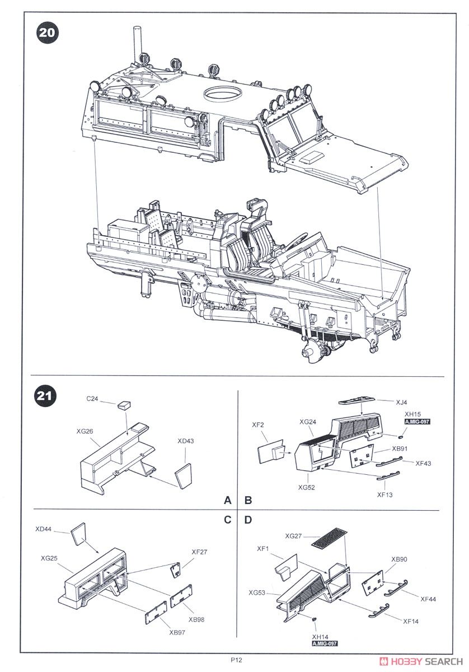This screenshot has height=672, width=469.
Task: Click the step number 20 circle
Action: tap(47, 32)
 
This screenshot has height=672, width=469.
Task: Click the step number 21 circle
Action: tap(47, 396)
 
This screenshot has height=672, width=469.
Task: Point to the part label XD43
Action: tap(186, 441)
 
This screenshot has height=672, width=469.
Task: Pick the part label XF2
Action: tap(257, 426)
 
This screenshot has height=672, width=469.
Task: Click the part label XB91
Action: tap(399, 449)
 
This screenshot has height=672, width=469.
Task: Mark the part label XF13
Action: tap(385, 494)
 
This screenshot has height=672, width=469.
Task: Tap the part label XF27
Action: tap(199, 552)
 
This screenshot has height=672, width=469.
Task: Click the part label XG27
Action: tap(293, 536)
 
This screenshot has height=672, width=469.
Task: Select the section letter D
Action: tap(247, 520)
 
